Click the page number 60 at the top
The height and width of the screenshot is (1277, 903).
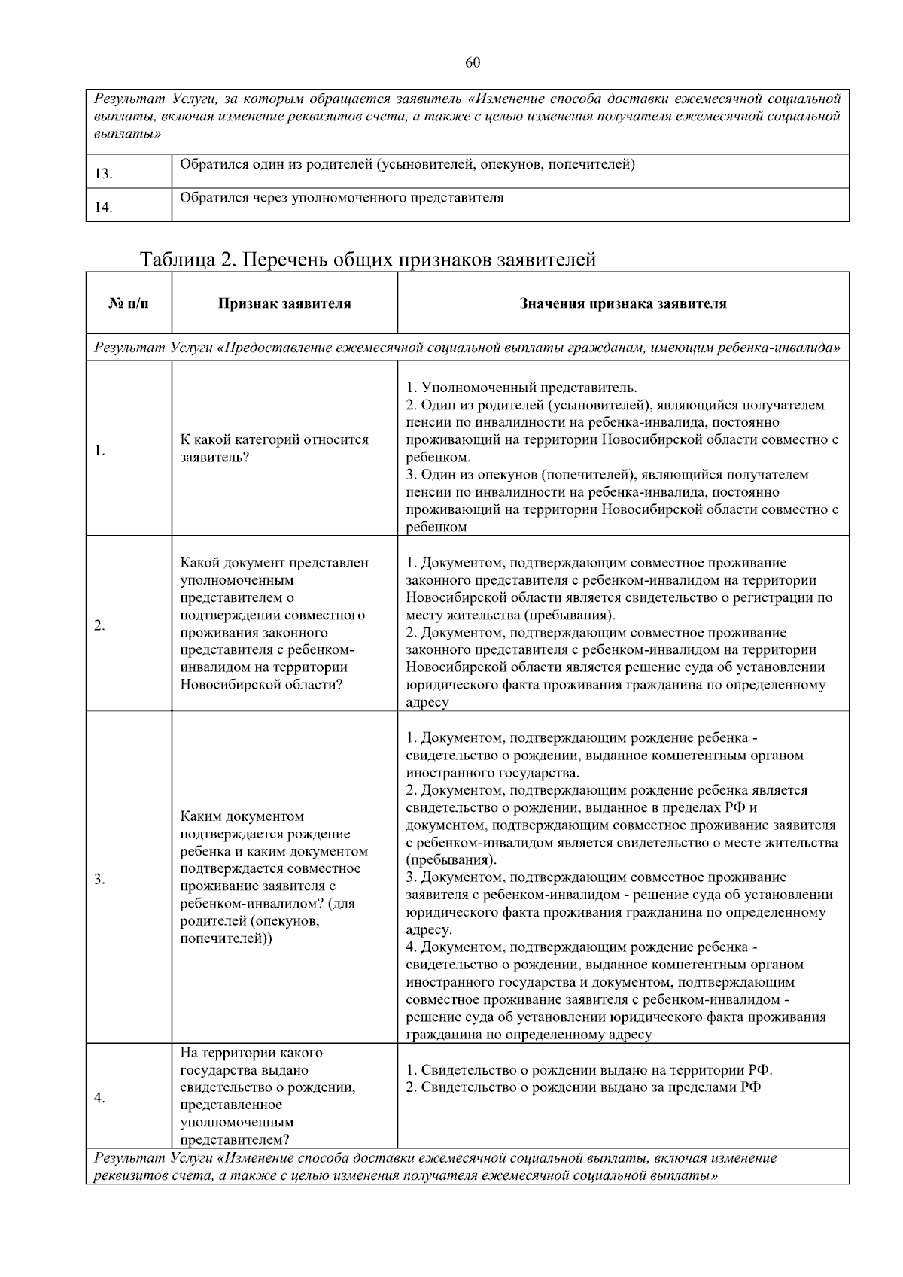[x=473, y=62]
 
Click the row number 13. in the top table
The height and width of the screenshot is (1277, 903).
[x=104, y=175]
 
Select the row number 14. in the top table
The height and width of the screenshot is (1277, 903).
[x=104, y=208]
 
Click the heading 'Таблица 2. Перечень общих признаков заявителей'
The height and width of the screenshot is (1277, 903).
[x=368, y=260]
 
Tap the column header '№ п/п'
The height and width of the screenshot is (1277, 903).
[x=129, y=304]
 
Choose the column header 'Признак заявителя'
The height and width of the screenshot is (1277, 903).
[x=284, y=304]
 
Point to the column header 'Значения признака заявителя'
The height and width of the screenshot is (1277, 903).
[x=623, y=304]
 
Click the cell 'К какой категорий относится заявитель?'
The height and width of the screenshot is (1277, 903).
[x=275, y=448]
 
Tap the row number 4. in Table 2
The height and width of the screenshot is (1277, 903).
[x=99, y=1098]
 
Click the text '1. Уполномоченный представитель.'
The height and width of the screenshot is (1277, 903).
[x=521, y=388]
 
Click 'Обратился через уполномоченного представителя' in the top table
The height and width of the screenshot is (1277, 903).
[x=342, y=198]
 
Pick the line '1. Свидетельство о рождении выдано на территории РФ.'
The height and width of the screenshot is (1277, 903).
[x=589, y=1070]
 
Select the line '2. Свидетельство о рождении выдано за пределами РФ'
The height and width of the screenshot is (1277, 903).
[x=583, y=1087]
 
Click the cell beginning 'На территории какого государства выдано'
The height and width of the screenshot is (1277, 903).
[x=268, y=1096]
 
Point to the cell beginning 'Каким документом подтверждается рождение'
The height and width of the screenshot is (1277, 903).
[x=274, y=877]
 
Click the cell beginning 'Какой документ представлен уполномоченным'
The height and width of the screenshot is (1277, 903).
[x=274, y=624]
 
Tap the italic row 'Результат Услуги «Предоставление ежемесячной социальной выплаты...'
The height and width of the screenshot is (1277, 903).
[x=467, y=348]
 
